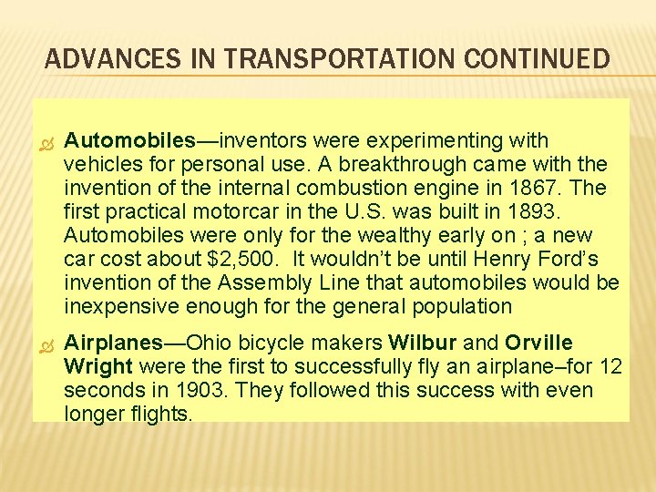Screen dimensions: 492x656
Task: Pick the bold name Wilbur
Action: (424, 343)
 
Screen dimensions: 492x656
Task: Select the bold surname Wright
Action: (98, 367)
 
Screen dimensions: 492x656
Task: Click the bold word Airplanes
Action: (113, 343)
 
